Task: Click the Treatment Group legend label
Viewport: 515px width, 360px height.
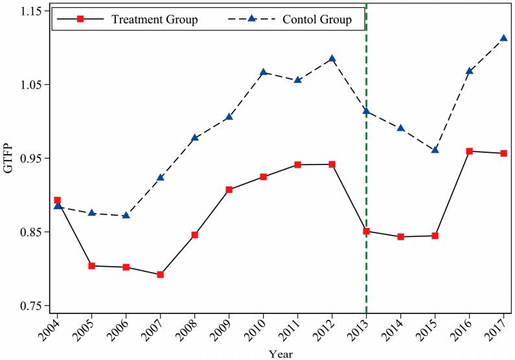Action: coord(154,19)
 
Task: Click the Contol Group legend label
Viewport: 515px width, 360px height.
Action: coord(317,19)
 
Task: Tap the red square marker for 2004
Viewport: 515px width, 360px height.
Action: coord(57,201)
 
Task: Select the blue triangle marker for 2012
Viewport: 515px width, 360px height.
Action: coord(332,58)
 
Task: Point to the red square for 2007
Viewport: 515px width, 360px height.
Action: coord(160,275)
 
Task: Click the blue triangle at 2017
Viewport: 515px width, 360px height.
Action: coord(503,38)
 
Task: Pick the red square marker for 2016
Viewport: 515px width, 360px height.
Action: coord(469,152)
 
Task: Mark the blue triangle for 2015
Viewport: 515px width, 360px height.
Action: coord(435,150)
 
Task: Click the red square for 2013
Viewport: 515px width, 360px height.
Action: coord(366,231)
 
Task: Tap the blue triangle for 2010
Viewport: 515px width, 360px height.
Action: coord(263,72)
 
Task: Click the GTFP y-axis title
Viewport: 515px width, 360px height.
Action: coord(9,159)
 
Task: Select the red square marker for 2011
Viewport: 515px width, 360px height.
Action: coord(297,164)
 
